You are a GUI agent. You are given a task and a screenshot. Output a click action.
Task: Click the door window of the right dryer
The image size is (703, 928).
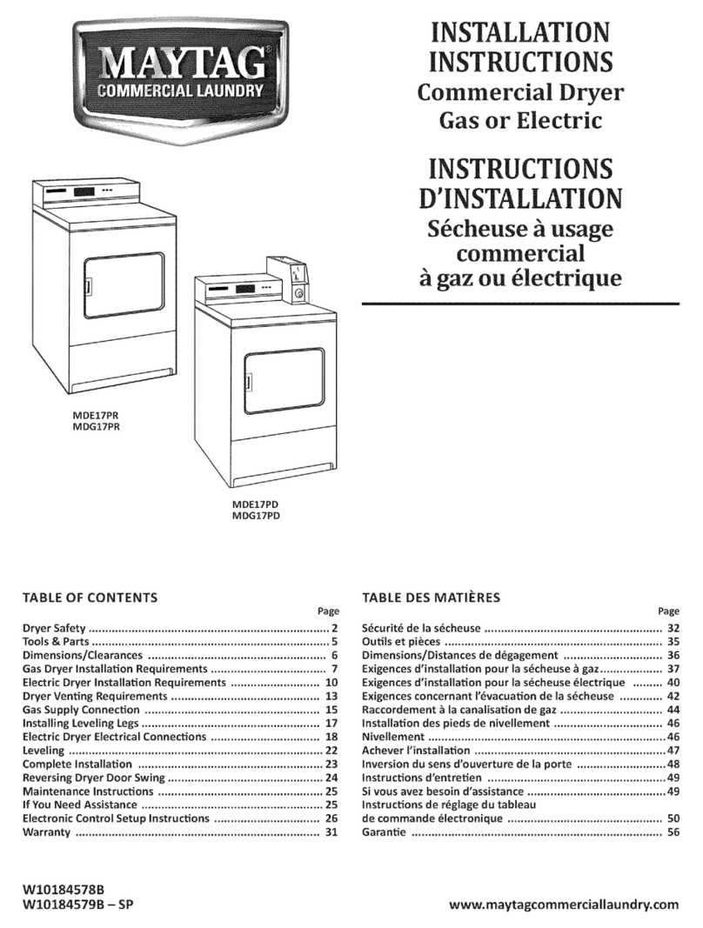coord(283,381)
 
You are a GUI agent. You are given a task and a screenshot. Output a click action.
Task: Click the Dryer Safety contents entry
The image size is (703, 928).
coord(54,628)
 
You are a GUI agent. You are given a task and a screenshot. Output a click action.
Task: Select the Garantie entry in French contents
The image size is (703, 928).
coord(383,832)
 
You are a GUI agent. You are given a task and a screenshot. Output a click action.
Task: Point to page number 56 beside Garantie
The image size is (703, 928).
coord(673,832)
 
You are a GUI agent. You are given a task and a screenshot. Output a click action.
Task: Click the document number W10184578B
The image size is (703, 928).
coord(63,890)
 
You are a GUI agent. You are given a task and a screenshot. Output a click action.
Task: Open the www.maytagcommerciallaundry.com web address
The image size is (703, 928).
coord(564,905)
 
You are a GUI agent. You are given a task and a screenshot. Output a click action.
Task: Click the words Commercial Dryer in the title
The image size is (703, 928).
coord(520,92)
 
